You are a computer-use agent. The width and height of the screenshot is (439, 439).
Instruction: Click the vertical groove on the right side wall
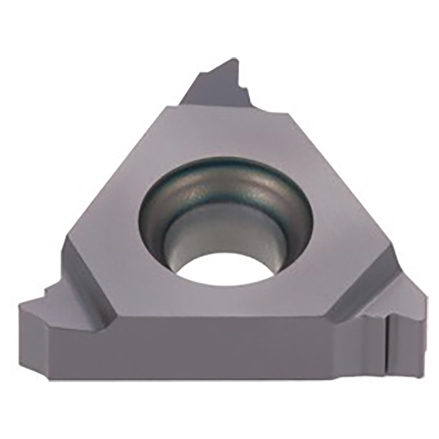[387, 343]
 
